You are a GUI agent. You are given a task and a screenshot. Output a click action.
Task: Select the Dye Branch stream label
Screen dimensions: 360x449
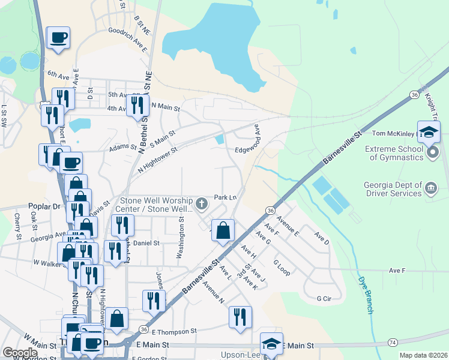coord(366,295)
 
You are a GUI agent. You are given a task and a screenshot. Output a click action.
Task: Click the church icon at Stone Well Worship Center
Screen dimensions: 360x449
coord(202,205)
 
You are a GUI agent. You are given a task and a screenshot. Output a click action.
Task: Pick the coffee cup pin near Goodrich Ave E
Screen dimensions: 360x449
coord(58,38)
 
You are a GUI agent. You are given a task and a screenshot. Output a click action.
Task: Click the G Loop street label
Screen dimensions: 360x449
coord(282,268)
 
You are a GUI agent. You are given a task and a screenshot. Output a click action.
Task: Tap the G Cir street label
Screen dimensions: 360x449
coord(324,298)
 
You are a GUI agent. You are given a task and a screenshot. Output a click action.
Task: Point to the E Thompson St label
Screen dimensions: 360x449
coord(174,331)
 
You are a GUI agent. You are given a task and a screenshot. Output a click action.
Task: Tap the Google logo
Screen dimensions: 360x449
coord(20,353)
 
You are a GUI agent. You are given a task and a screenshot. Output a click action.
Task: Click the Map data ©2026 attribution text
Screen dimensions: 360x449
coord(423,355)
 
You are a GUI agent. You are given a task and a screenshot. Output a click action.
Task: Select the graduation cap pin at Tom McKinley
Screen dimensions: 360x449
coord(429,133)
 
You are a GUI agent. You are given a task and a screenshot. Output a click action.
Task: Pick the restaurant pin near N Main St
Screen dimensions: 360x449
coord(138,105)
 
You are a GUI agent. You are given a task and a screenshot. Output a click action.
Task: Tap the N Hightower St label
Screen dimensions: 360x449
coord(157,162)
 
